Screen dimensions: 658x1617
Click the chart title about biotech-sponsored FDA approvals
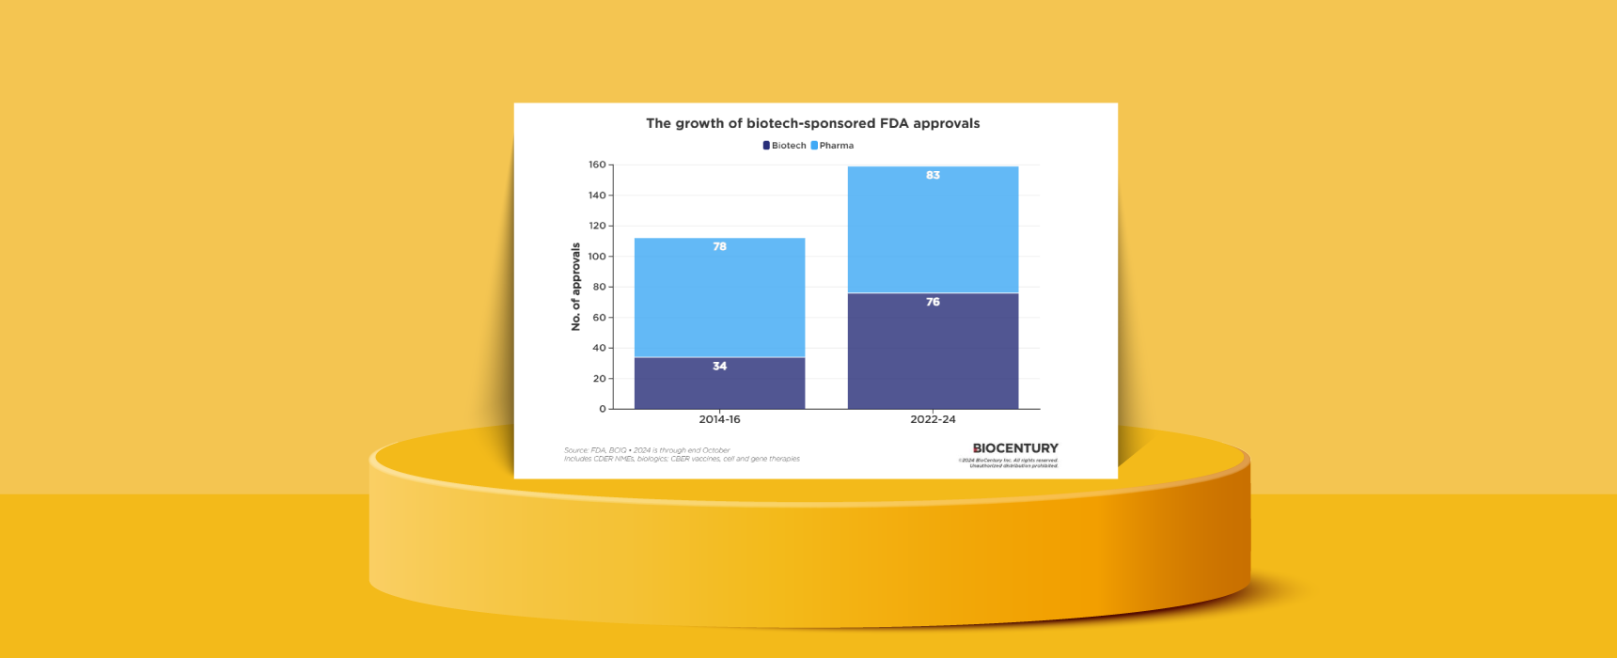click(x=812, y=123)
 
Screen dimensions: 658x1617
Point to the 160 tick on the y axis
click(x=597, y=164)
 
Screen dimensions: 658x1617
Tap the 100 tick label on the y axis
click(x=597, y=257)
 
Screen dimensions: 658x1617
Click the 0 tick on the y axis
click(x=603, y=409)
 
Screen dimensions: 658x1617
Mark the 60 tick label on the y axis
click(x=599, y=318)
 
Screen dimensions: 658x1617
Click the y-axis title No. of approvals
click(x=576, y=287)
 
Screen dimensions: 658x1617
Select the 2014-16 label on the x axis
click(x=719, y=419)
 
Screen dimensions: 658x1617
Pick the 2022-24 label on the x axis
click(x=933, y=419)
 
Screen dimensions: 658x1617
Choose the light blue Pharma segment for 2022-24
click(x=933, y=230)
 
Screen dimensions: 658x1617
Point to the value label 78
click(x=719, y=246)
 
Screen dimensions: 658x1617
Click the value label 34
click(x=719, y=367)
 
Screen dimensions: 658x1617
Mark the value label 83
click(x=933, y=175)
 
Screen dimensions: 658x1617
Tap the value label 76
click(x=933, y=302)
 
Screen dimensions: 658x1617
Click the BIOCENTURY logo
click(x=1015, y=448)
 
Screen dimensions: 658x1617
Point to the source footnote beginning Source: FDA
click(x=647, y=450)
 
